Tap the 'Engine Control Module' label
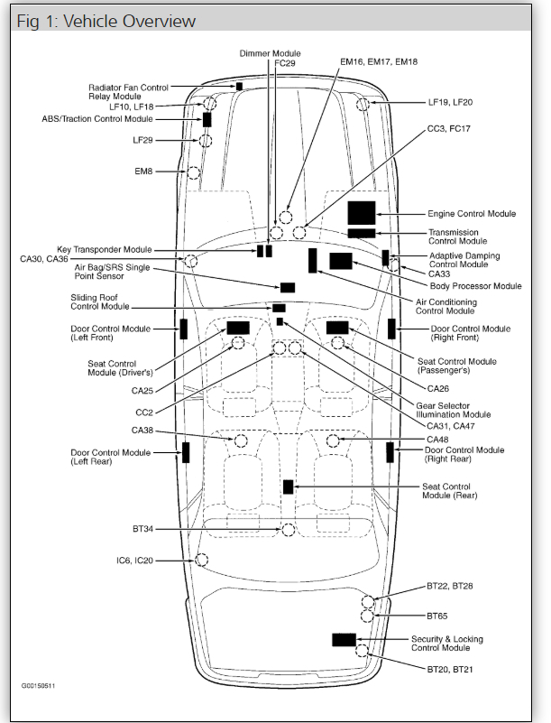[x=472, y=214]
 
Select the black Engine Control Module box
[x=361, y=213]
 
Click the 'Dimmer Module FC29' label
[x=271, y=59]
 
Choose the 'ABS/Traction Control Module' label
[x=97, y=119]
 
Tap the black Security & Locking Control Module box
[x=344, y=639]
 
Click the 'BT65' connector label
[x=437, y=616]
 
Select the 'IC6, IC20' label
[x=134, y=561]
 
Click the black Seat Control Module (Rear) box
[x=289, y=487]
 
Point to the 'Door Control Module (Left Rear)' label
[x=111, y=457]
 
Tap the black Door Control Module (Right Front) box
[x=391, y=329]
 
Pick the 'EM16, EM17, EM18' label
[x=378, y=62]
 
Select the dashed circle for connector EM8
[x=192, y=171]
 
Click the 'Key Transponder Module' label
[x=105, y=249]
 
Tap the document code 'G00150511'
[x=39, y=686]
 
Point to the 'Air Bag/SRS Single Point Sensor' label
[x=112, y=273]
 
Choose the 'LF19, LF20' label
[x=450, y=102]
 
